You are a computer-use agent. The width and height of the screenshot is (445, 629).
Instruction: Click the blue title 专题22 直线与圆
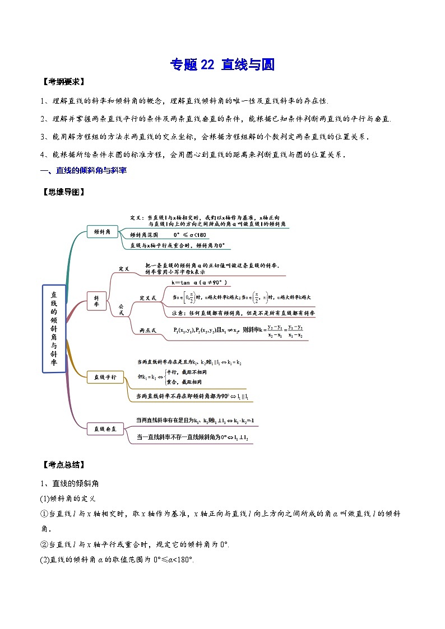tap(222, 65)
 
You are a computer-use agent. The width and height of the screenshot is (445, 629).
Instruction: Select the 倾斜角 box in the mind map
tap(102, 231)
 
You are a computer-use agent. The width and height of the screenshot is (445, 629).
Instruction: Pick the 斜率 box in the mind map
tap(96, 300)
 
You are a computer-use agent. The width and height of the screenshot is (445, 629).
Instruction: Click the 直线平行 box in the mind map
tap(105, 378)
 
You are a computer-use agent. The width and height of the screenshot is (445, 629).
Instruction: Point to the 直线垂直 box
tap(105, 429)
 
